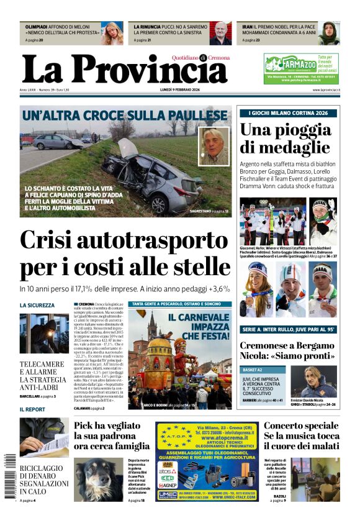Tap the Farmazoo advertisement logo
pos(291,63)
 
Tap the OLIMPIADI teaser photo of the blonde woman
pos(112,33)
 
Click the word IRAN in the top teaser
pos(247,27)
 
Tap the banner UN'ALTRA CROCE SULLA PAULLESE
pos(124,116)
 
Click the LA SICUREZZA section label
pos(37,305)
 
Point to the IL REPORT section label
pos(32,409)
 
